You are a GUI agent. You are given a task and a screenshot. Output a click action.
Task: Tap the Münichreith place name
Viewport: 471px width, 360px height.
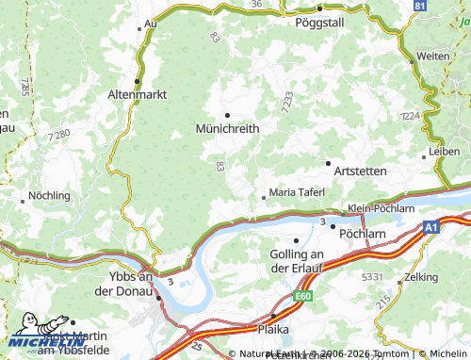pyautogui.click(x=227, y=128)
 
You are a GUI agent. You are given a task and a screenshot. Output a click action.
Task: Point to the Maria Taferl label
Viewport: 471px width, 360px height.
pyautogui.click(x=297, y=192)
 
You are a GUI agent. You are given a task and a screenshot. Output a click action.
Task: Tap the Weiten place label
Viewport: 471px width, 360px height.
pyautogui.click(x=433, y=57)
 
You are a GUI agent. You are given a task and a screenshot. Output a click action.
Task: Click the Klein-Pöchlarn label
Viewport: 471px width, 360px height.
pyautogui.click(x=381, y=207)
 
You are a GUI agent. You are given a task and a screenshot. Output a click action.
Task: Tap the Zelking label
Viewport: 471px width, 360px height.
pyautogui.click(x=420, y=278)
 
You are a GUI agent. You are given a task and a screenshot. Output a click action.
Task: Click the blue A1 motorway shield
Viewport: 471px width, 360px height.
pyautogui.click(x=430, y=227)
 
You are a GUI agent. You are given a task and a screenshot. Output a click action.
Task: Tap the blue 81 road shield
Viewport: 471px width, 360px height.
pyautogui.click(x=420, y=6)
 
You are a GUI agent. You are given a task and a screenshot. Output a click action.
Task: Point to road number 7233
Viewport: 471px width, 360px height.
pyautogui.click(x=287, y=98)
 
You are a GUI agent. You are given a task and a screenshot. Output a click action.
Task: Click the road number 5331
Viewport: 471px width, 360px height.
pyautogui.click(x=372, y=276)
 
